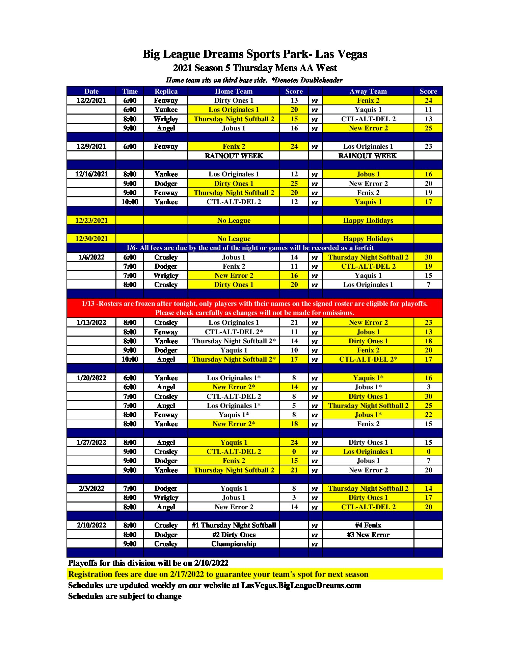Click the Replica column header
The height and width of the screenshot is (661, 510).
click(x=166, y=91)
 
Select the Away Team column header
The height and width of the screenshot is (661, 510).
click(x=368, y=91)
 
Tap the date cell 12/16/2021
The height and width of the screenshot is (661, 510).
click(x=91, y=174)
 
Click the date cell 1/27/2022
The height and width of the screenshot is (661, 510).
click(x=91, y=442)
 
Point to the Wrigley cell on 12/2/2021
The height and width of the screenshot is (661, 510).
click(x=166, y=119)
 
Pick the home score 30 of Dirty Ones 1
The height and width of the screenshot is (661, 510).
click(x=428, y=396)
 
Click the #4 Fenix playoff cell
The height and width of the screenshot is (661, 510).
click(x=368, y=525)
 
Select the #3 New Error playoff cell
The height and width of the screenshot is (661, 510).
click(x=368, y=535)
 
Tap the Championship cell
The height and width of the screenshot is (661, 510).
click(x=234, y=544)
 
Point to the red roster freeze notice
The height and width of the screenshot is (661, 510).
click(x=254, y=308)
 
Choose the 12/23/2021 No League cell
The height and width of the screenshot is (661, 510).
click(x=234, y=220)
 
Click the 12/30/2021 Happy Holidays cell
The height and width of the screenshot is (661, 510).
click(x=368, y=239)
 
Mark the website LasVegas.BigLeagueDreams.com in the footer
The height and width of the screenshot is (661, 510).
click(x=301, y=585)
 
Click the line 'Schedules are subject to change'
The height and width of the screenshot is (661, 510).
click(x=125, y=596)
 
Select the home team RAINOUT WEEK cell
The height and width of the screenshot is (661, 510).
click(x=234, y=156)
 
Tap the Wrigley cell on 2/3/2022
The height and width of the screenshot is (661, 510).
click(x=166, y=498)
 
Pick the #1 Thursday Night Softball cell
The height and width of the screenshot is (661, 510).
click(x=234, y=525)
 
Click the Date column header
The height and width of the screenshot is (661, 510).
click(x=91, y=91)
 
